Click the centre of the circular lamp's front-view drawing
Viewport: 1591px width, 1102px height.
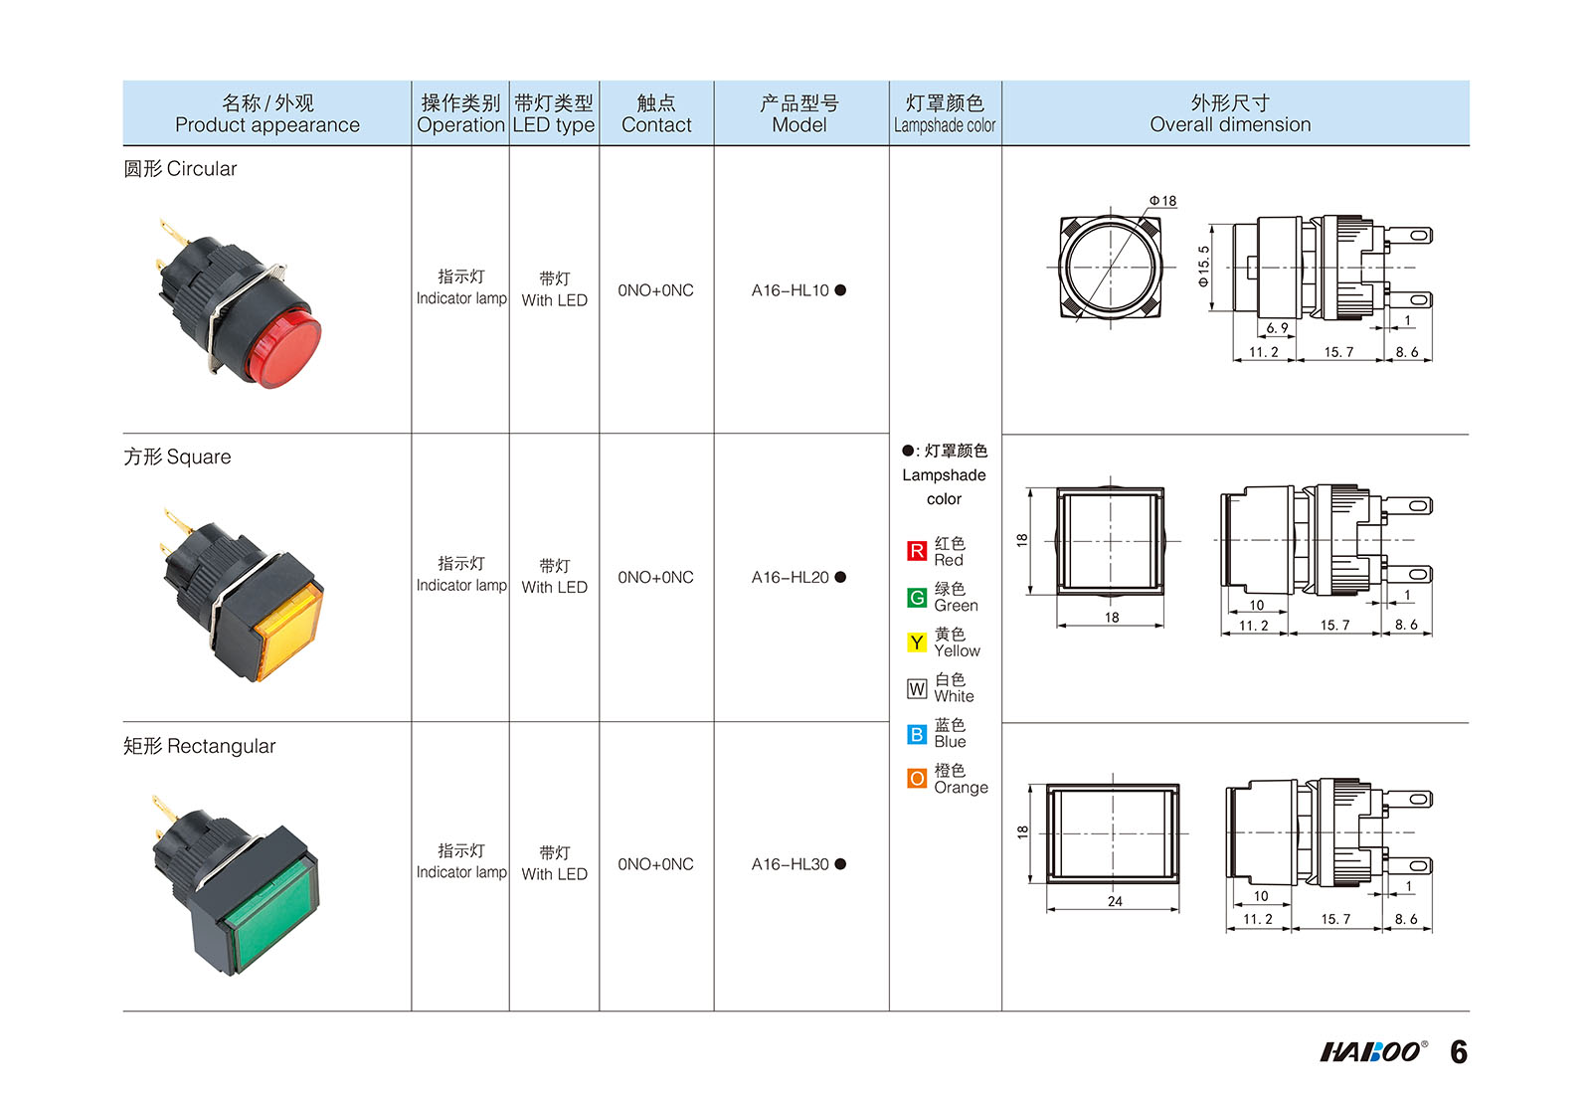pos(1111,268)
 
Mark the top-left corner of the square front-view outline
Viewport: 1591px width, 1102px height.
pos(1058,488)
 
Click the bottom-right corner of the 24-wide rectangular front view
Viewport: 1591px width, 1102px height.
pos(1179,883)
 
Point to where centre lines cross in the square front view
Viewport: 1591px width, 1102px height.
pos(1111,541)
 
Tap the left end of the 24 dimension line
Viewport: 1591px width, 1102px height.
pos(1048,909)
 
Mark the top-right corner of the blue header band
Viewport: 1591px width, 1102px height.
pos(1469,81)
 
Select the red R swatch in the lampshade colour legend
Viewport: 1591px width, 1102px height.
pos(917,551)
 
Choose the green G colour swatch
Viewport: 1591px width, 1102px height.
pos(917,598)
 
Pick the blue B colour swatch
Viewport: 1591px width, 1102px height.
pos(917,734)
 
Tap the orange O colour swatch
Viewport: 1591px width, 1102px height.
pos(917,780)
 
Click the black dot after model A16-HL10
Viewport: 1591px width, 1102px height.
pos(840,289)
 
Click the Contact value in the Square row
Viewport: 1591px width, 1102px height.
pos(655,578)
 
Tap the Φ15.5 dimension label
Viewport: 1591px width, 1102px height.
pos(1202,268)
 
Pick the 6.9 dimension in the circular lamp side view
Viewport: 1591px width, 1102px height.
pos(1277,327)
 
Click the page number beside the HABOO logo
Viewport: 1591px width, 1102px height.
pos(1459,1051)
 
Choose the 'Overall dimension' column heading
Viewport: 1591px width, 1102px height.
pos(1230,124)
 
